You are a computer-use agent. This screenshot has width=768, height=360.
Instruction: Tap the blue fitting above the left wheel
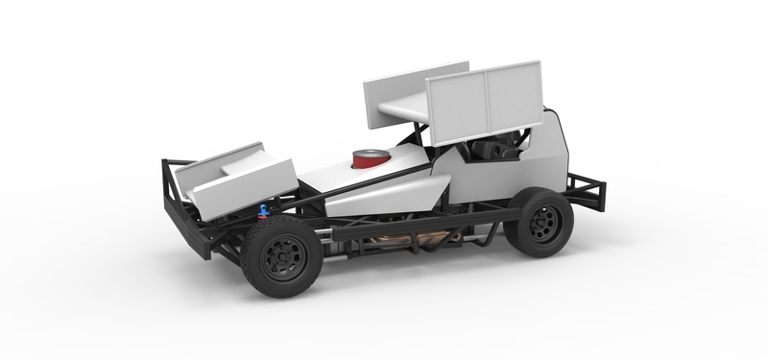(263, 210)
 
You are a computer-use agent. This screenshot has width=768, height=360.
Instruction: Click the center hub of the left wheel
(284, 256)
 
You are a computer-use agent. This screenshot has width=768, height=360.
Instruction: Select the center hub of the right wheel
(540, 222)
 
